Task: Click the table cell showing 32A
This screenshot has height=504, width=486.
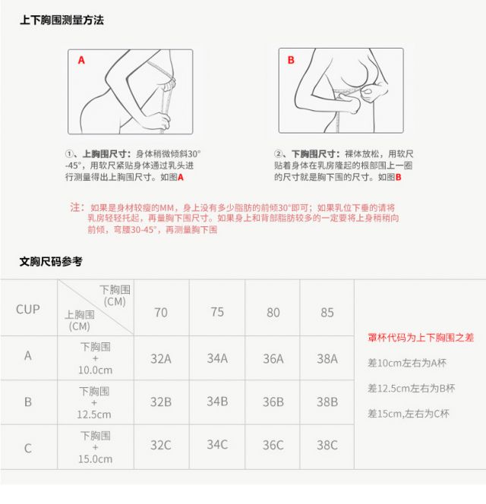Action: coord(161,359)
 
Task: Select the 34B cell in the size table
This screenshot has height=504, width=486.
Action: coord(217,402)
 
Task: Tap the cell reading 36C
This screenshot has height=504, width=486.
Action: coord(273,446)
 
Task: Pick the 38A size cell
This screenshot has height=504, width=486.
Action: coord(327,359)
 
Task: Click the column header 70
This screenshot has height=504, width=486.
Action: coord(161,313)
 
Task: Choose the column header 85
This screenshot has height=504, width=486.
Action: coord(327,313)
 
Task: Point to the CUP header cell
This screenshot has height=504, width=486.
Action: coord(28,310)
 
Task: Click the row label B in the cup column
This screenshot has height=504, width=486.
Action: coord(28,402)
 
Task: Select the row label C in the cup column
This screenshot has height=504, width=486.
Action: coord(28,448)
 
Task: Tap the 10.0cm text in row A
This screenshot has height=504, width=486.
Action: coord(95,370)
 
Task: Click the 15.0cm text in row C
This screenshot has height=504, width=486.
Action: coord(95,459)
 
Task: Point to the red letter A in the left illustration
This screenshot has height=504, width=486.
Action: coord(81,60)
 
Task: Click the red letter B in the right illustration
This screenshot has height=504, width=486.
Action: coord(291,60)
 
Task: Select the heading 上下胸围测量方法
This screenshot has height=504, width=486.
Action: coord(62,20)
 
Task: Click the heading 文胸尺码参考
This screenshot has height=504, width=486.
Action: coord(51,261)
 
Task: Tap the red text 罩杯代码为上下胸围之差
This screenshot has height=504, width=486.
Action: coord(421,338)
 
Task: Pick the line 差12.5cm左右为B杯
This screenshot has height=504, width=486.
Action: coord(412,389)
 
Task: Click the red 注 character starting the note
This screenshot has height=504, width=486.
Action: coord(75,207)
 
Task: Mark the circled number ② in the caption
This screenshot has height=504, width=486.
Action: coord(278,154)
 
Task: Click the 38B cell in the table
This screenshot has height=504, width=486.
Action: coord(327,402)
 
